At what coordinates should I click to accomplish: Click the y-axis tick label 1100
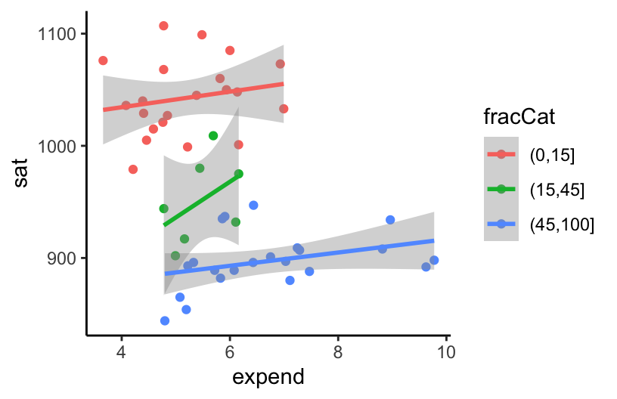click(58, 34)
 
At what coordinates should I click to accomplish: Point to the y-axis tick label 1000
click(58, 146)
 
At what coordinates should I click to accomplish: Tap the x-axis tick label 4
click(121, 351)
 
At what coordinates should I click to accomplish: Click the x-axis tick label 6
click(229, 351)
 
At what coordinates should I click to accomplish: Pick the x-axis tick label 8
click(337, 351)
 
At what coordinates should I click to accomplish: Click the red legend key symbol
click(501, 155)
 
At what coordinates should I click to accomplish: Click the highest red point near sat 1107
click(163, 26)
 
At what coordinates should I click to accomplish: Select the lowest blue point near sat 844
click(165, 321)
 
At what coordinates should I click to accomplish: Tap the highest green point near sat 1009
click(213, 136)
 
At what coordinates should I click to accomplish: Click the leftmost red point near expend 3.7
click(103, 60)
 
